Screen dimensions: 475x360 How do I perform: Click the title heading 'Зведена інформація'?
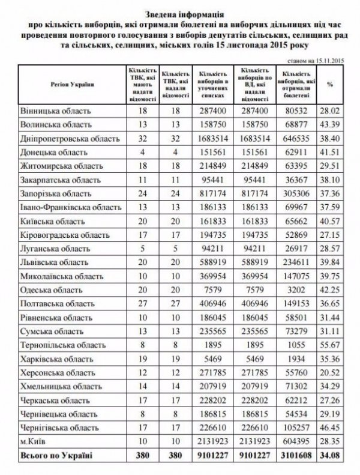[x=180, y=11]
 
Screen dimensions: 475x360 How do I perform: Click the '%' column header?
[x=329, y=84]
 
